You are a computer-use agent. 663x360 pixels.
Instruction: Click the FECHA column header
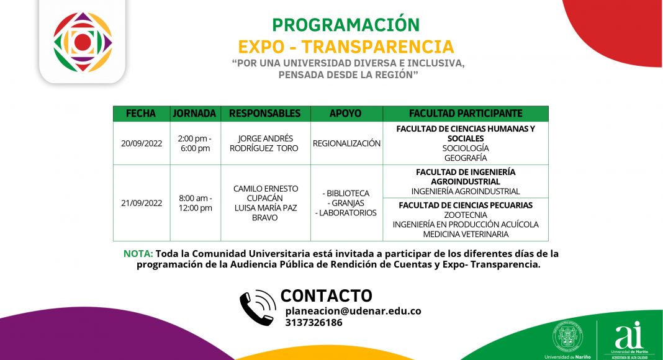[x=141, y=114]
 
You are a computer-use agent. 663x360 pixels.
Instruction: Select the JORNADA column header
[x=194, y=114]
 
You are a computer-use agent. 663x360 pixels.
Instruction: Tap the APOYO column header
[x=345, y=114]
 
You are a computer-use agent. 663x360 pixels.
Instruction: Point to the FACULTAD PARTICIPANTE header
[x=466, y=114]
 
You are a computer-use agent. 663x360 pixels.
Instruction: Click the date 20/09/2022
[x=142, y=143]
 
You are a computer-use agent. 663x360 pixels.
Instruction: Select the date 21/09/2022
[x=142, y=203]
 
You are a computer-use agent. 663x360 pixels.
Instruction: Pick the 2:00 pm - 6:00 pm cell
[x=195, y=143]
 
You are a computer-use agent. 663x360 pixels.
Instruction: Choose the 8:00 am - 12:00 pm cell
[x=196, y=203]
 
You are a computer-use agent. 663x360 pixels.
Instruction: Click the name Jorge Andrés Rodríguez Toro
[x=264, y=143]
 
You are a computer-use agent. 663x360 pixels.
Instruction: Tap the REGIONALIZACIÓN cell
[x=347, y=143]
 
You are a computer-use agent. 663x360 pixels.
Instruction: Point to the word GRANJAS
[x=346, y=203]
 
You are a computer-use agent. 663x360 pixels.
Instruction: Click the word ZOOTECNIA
[x=466, y=215]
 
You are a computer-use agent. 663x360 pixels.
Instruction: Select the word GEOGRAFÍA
[x=466, y=158]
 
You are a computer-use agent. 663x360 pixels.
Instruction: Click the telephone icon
[x=258, y=307]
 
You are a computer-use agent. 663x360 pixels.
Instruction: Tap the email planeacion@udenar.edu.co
[x=353, y=311]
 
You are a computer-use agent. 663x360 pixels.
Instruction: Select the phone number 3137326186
[x=313, y=322]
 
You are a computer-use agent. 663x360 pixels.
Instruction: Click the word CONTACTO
[x=327, y=296]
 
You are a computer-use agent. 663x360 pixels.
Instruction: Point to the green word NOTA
[x=138, y=253]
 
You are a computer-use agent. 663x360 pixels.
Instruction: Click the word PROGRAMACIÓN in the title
[x=346, y=25]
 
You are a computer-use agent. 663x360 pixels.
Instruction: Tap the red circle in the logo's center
[x=83, y=42]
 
